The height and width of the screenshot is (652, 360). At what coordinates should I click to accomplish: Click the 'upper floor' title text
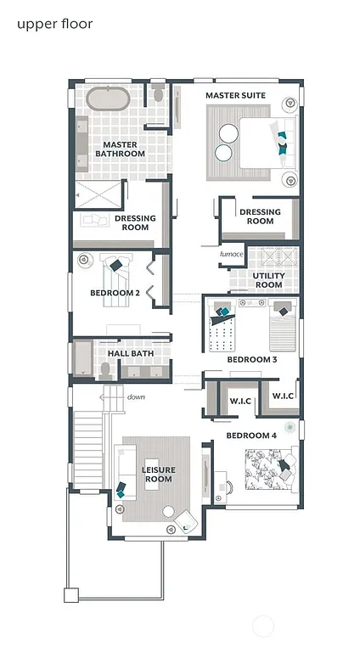click(54, 24)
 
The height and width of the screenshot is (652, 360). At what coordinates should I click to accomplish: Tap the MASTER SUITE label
click(235, 96)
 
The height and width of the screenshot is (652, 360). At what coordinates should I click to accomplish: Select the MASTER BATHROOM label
click(123, 149)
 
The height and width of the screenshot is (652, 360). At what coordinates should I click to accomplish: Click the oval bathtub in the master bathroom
click(108, 98)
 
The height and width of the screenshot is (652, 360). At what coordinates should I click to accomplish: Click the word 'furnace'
click(231, 254)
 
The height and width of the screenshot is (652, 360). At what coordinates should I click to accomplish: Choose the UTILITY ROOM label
click(268, 280)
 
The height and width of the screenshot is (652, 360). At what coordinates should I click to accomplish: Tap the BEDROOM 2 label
click(115, 294)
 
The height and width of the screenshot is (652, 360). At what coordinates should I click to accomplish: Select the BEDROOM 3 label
click(251, 360)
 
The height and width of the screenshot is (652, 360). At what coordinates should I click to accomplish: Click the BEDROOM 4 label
click(250, 436)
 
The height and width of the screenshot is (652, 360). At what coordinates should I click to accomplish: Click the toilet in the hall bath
click(105, 368)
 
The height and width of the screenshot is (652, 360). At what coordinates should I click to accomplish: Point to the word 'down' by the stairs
click(136, 396)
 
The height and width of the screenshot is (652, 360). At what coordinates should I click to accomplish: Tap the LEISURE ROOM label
click(158, 474)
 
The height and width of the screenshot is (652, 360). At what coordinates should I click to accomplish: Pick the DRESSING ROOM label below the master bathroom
click(135, 222)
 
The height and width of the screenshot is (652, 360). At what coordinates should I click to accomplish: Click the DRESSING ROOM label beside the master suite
click(260, 216)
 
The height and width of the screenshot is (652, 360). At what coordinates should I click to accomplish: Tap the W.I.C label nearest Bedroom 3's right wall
click(283, 396)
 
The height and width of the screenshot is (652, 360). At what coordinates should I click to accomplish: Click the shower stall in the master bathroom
click(99, 194)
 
